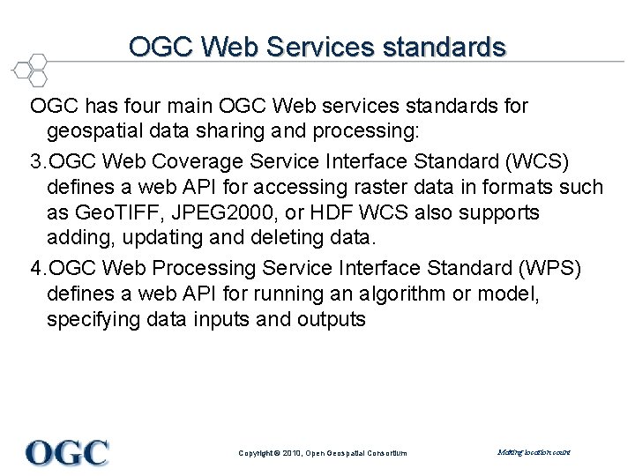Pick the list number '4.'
pyautogui.click(x=40, y=266)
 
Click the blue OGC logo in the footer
pyautogui.click(x=67, y=452)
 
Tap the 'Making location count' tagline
pyautogui.click(x=534, y=452)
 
